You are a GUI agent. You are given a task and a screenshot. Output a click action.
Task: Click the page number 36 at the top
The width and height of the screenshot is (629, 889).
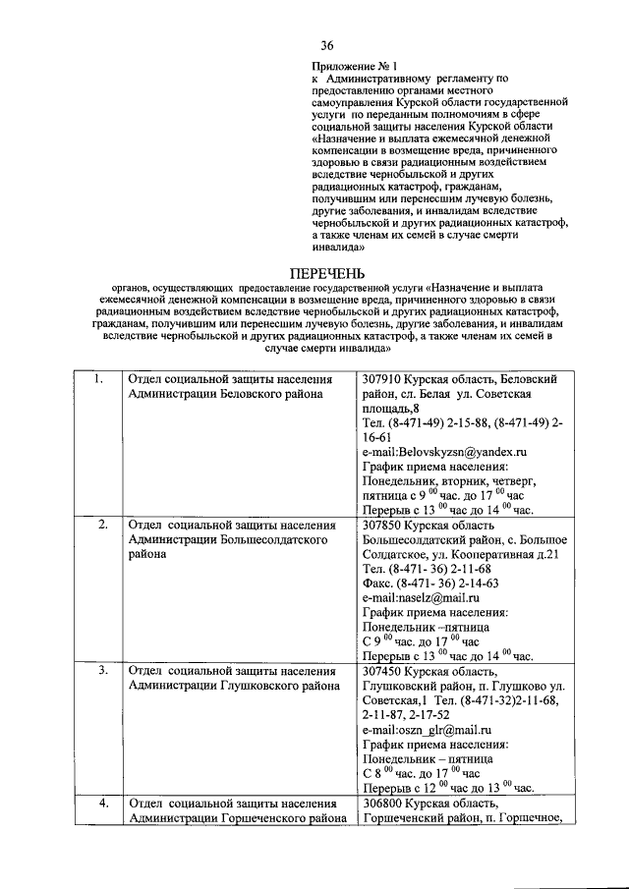coord(327,44)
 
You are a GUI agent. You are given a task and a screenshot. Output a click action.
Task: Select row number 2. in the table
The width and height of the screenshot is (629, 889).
coord(103,525)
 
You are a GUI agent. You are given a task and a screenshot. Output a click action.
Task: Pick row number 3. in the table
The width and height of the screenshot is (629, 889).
coord(103,671)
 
